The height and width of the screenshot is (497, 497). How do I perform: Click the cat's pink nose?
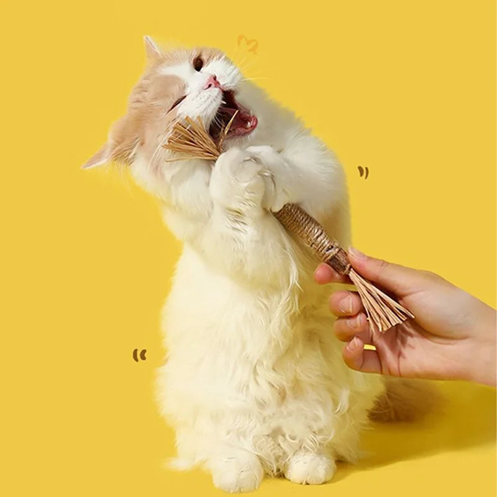(213, 82)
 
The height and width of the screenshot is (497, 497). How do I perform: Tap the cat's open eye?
(198, 62)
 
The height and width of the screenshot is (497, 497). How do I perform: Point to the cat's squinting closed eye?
(177, 103)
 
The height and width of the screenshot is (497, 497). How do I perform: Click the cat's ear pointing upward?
(151, 48)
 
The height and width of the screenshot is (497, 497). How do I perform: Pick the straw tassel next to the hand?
(380, 304)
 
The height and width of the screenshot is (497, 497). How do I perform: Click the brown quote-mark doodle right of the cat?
(363, 172)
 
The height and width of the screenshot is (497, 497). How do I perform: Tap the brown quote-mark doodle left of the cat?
(140, 355)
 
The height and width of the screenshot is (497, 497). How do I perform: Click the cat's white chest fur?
(236, 280)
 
